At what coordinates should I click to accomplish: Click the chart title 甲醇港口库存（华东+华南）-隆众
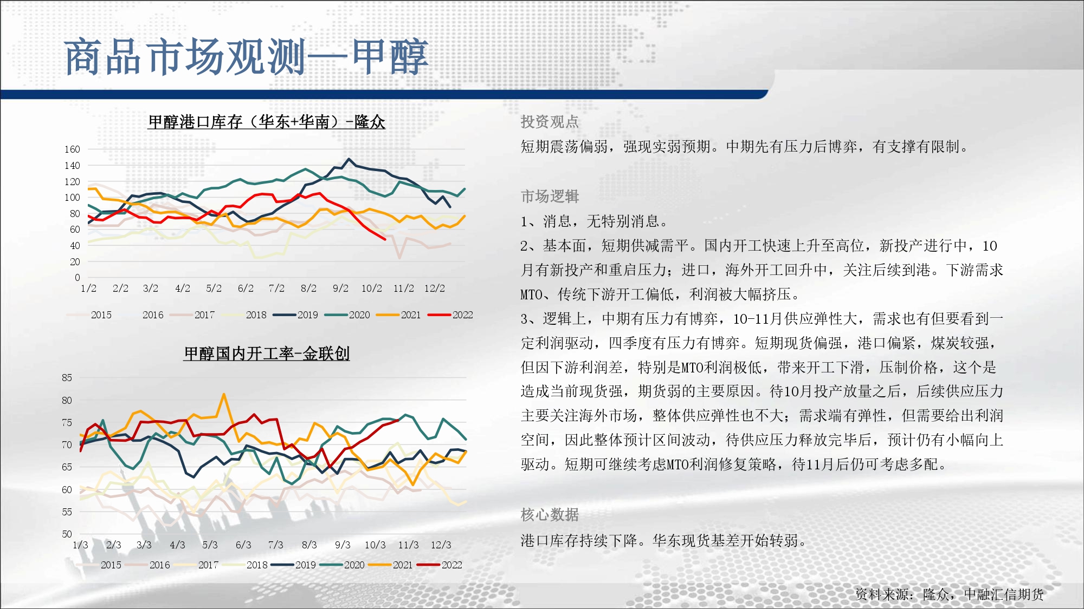(267, 122)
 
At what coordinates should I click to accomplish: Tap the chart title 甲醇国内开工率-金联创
(267, 353)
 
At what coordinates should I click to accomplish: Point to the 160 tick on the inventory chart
(72, 149)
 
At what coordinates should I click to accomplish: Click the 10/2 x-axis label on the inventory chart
(372, 289)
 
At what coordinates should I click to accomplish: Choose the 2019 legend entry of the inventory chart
(295, 315)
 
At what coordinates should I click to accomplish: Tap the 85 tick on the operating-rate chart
(67, 378)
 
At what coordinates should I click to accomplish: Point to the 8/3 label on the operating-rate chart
(309, 545)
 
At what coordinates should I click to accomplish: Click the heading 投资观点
(550, 122)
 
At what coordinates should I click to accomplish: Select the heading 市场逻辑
(550, 197)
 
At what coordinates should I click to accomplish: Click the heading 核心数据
(550, 515)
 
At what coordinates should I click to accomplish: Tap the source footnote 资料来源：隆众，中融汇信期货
(950, 594)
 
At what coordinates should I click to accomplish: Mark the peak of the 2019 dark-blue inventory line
(349, 159)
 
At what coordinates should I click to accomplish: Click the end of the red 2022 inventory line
(385, 239)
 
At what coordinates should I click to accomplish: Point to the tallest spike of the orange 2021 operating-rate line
(224, 395)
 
